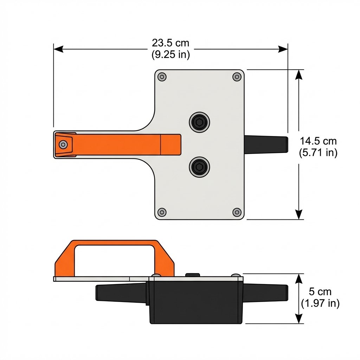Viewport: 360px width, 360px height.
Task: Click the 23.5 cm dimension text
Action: tap(171, 43)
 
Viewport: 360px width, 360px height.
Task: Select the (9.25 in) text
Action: tap(171, 55)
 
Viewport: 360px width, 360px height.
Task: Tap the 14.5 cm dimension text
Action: tap(318, 141)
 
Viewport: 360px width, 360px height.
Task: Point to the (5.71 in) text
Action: tap(318, 153)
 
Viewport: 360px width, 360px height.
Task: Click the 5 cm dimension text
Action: tap(320, 292)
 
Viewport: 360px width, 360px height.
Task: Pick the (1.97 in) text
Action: tap(320, 303)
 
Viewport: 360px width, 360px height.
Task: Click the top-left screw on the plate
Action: tap(162, 77)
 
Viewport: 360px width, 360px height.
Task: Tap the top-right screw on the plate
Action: tap(237, 77)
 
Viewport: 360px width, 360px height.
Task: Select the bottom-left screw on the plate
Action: tap(162, 212)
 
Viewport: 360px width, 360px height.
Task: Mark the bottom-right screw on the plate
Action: tap(237, 212)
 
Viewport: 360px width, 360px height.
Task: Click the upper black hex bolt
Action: tap(199, 122)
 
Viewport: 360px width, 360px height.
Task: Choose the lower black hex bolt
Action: tap(199, 166)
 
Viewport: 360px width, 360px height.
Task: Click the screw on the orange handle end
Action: tap(63, 144)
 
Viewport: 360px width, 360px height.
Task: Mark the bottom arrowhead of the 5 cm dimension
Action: tap(298, 319)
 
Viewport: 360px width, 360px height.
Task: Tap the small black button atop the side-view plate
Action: tap(192, 275)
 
